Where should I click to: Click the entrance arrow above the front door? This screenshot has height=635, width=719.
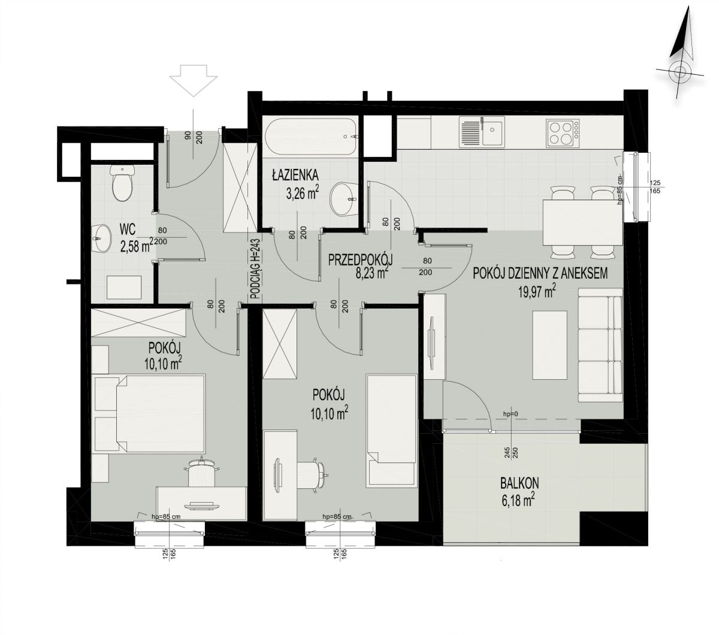point(193,80)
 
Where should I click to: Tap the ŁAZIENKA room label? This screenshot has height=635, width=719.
point(295,176)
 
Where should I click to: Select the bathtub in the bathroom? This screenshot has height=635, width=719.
point(311,137)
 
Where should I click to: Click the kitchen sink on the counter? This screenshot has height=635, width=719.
point(482,132)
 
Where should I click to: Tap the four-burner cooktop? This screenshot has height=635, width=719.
point(563,132)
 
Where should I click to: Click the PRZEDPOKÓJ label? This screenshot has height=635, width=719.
point(360,260)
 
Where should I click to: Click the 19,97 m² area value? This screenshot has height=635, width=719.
point(537,292)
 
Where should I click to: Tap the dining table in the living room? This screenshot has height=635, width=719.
point(583,223)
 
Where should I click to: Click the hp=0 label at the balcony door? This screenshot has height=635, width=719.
point(510,414)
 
